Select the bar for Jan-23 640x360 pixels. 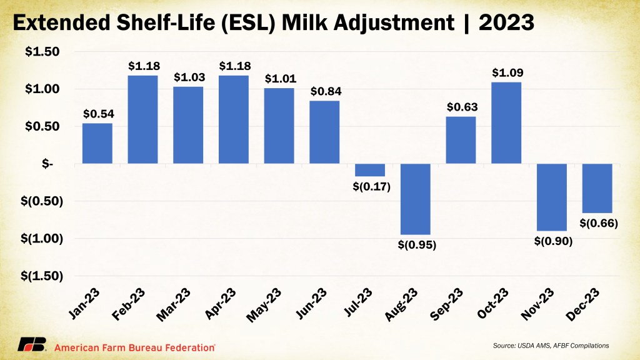97,143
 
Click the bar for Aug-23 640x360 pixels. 416,199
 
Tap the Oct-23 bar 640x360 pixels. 506,122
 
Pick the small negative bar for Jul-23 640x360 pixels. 370,170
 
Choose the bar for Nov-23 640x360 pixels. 552,197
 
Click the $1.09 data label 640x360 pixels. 506,73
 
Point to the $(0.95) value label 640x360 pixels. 416,244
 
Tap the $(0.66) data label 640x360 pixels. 597,222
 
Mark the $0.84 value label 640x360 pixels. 325,92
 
